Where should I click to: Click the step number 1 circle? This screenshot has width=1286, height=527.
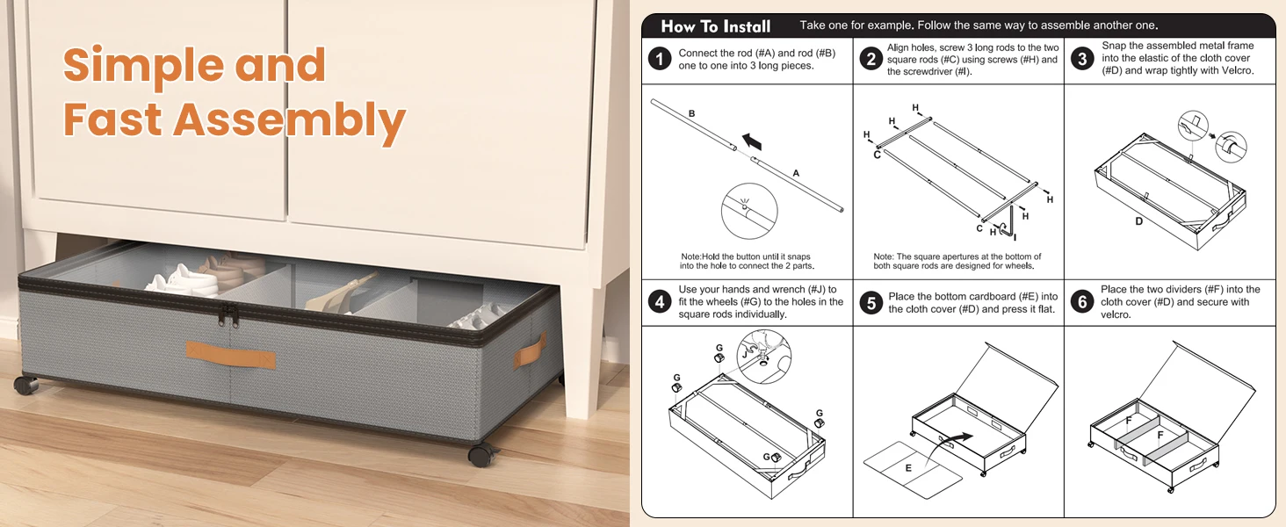[x=660, y=59]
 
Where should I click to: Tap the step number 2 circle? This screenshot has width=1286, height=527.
[x=871, y=59]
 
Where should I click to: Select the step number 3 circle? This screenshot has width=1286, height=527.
[x=1082, y=59]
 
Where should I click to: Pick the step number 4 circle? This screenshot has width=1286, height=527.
[x=660, y=302]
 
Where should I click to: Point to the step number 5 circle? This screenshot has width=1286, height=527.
[x=871, y=302]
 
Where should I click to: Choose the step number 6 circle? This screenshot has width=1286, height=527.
[x=1082, y=302]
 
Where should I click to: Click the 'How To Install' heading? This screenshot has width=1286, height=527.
[x=715, y=26]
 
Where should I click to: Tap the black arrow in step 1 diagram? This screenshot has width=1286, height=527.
[x=752, y=141]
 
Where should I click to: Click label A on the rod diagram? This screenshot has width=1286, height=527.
[x=796, y=173]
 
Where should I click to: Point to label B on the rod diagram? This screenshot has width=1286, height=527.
[x=692, y=113]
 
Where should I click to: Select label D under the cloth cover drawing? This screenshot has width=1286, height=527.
[x=1138, y=221]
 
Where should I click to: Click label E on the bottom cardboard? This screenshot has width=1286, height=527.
[x=908, y=468]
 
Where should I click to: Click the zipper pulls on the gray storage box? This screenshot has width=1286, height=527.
[x=228, y=315]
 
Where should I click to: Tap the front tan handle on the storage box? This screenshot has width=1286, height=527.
[x=231, y=356]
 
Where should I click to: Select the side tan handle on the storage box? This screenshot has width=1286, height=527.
[x=529, y=350]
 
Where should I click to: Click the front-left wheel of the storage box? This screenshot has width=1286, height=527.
[x=25, y=385]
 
